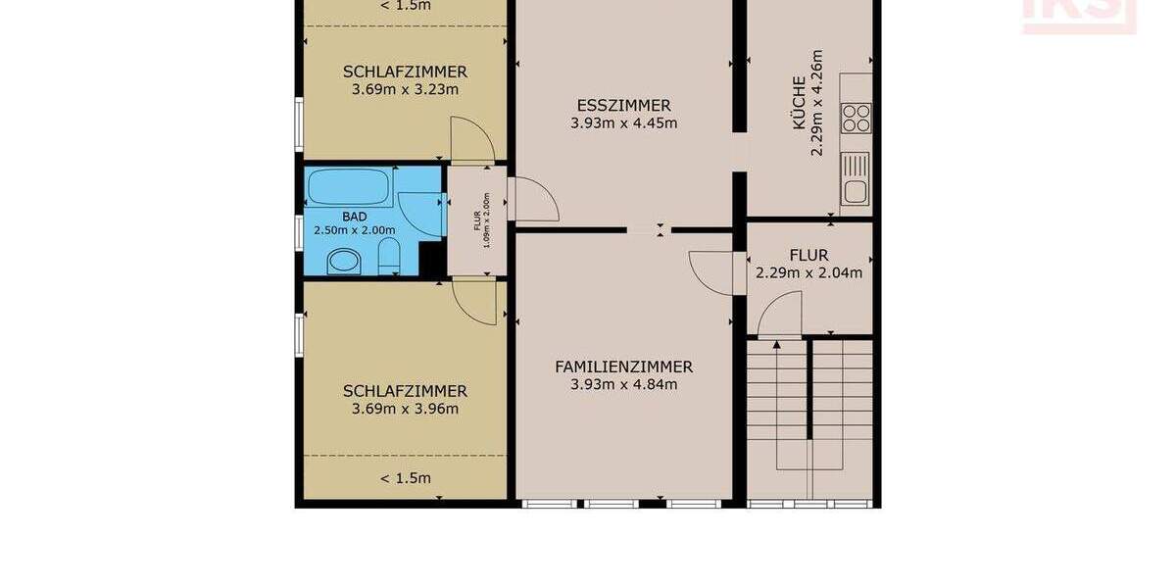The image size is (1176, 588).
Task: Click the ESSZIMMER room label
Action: pos(623,106)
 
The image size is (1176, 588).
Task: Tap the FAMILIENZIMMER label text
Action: pos(623,367)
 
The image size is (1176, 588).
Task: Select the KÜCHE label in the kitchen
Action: pos(800,103)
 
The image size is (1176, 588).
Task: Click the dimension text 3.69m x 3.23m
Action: pos(405,89)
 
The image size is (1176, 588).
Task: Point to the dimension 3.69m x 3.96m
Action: pos(405,409)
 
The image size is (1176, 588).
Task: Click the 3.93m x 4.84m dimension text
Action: pos(623,385)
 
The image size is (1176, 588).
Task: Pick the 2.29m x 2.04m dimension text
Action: pos(808,273)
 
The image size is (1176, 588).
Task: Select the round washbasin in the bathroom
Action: pos(343,261)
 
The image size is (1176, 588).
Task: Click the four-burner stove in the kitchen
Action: pos(856,118)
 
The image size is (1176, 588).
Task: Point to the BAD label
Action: pos(354,216)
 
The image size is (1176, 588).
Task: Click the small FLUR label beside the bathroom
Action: pos(478,220)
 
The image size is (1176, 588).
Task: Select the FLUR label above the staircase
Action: pos(808,256)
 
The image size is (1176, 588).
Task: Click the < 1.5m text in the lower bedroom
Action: pos(405,478)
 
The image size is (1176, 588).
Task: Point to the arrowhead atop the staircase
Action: pos(776,344)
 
